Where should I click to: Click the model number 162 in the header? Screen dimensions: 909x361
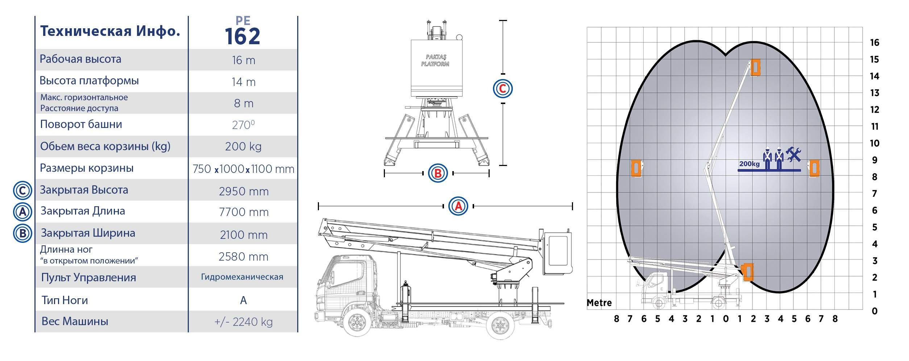point(242,37)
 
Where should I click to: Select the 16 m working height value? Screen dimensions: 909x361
point(244,60)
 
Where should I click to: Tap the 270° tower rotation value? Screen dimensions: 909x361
point(243,125)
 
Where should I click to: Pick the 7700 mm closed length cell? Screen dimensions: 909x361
point(244,212)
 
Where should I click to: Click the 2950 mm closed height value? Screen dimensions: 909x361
point(244,191)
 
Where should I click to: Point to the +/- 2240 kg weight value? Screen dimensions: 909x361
point(244,322)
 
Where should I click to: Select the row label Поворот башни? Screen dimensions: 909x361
point(81,124)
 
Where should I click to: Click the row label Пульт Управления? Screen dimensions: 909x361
point(88,278)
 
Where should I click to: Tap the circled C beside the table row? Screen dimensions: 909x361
point(22,190)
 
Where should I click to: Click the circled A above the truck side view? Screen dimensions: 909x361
point(458,206)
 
